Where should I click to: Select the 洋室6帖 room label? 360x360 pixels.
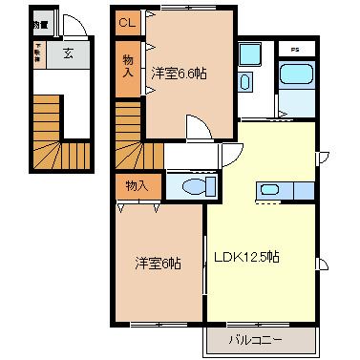click(x=158, y=263)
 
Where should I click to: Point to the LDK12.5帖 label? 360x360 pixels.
click(x=245, y=257)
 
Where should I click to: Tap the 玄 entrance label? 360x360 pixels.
click(x=69, y=53)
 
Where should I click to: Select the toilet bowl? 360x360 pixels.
click(x=195, y=186)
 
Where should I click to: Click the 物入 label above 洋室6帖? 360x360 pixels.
click(x=138, y=184)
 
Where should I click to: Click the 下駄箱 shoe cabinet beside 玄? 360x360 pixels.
click(x=38, y=54)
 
